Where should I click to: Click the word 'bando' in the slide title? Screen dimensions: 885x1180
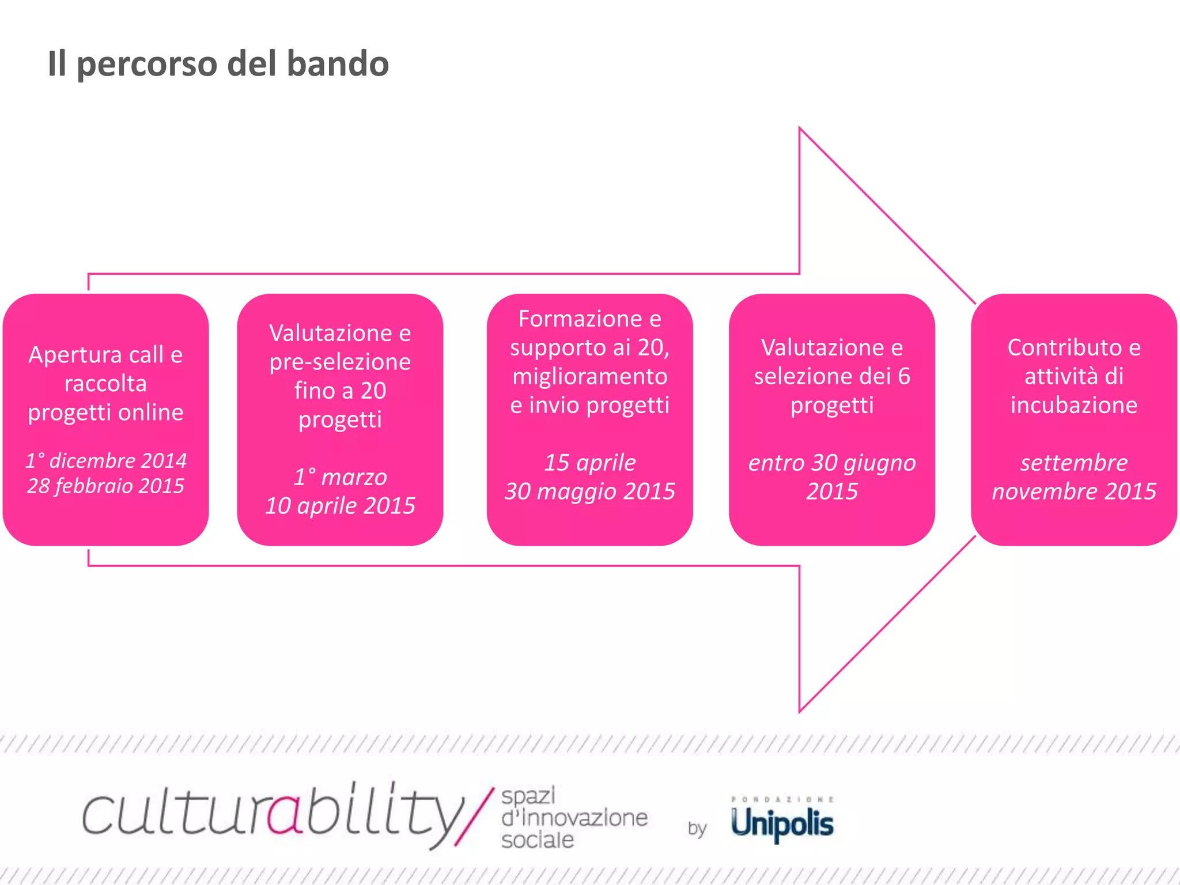pos(338,63)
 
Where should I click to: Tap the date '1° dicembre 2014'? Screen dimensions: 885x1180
pos(106,460)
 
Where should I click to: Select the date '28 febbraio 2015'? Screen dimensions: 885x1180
pos(106,486)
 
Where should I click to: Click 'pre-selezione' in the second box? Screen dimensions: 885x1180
pos(340,362)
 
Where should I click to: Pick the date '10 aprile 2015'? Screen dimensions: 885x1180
pos(340,506)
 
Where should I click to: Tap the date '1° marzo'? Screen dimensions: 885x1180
pos(340,477)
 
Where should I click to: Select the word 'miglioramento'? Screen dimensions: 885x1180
pos(589,376)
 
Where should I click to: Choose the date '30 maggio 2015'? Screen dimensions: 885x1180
pos(589,491)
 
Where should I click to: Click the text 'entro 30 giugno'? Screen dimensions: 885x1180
pos(831,463)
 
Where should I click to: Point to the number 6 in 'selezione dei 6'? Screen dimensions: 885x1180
pos(903,376)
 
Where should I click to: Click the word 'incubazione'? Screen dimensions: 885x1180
pos(1073,405)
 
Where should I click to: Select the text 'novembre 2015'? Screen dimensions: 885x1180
pos(1073,491)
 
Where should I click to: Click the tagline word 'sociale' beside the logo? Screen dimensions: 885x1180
pos(537,840)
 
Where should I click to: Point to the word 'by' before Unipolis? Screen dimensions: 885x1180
pos(697,829)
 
